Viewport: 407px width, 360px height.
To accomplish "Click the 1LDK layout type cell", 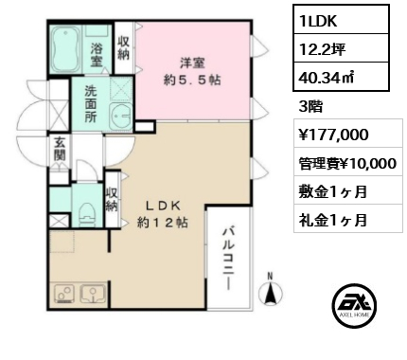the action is (x=341, y=19).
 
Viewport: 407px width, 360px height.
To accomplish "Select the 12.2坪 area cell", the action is (x=341, y=47).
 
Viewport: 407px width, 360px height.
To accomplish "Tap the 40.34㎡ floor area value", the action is (x=341, y=77).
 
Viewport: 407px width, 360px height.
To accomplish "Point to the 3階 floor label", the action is (x=310, y=106).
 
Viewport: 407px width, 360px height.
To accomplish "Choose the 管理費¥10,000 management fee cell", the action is (x=348, y=163).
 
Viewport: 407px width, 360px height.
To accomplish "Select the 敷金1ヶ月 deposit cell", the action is (x=348, y=191).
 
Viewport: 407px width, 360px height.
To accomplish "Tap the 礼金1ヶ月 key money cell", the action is (x=348, y=219).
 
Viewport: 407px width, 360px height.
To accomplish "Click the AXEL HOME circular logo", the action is (x=354, y=304).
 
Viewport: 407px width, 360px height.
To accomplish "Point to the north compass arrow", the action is (x=271, y=293).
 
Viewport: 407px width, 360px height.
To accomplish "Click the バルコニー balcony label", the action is (x=229, y=258).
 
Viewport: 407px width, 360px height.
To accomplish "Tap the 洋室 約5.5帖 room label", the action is (x=192, y=71).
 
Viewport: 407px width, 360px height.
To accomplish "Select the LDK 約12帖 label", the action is (x=163, y=214).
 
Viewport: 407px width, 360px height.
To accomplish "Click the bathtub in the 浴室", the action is (x=66, y=49).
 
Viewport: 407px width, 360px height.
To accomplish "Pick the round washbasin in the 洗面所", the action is (x=121, y=117).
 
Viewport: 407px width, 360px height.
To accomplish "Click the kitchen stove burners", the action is (x=64, y=294).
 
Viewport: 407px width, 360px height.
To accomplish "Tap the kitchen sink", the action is (x=94, y=294).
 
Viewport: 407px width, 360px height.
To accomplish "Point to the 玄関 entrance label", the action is (x=60, y=149).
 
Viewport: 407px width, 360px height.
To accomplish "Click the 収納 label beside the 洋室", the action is (x=123, y=47).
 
